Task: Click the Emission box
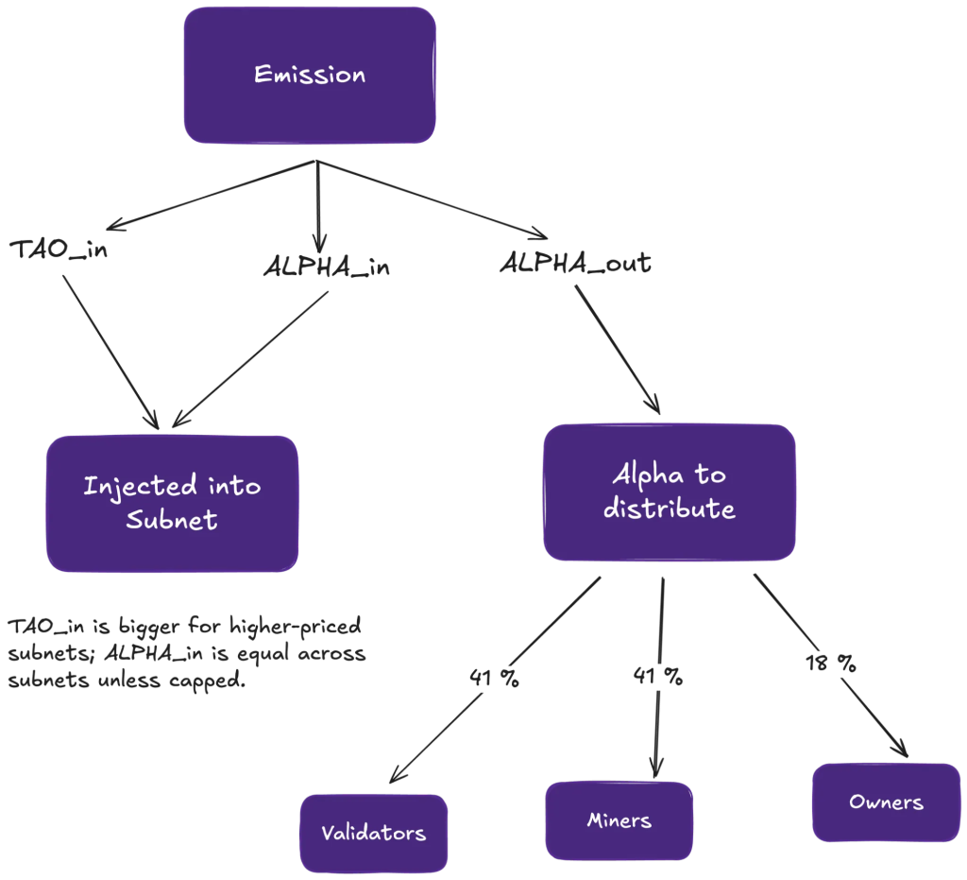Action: click(x=310, y=76)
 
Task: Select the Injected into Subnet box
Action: click(x=172, y=503)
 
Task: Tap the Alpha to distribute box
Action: click(x=669, y=492)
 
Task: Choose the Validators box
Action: click(x=373, y=833)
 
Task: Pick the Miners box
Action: click(x=619, y=820)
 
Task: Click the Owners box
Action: click(x=886, y=802)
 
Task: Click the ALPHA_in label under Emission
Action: click(x=326, y=268)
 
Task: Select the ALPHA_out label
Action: click(x=575, y=263)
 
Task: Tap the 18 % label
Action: click(x=831, y=664)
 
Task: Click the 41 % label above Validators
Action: click(x=494, y=679)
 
